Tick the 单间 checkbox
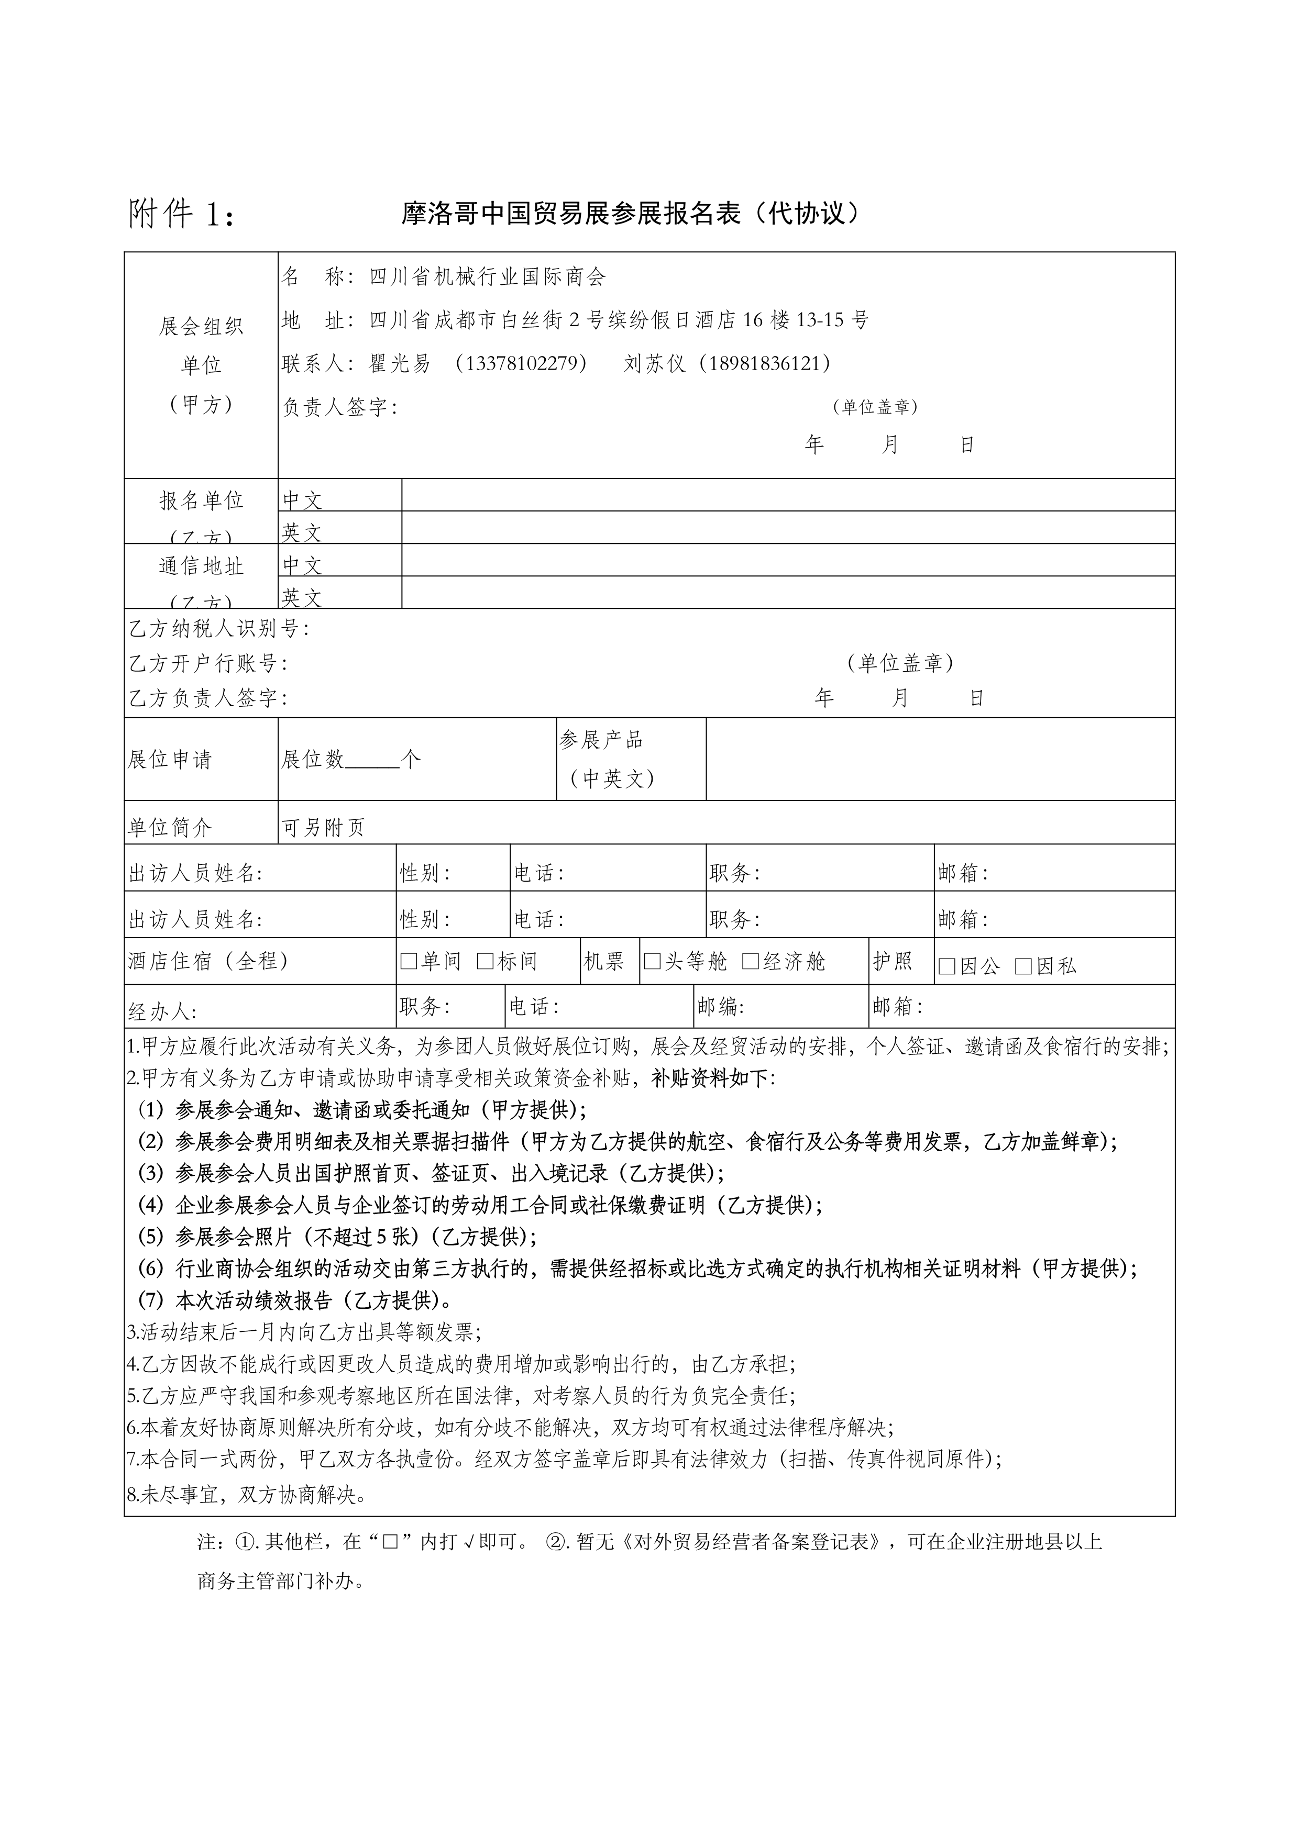[409, 961]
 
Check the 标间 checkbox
[485, 961]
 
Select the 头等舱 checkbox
[652, 961]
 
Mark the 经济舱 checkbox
[750, 961]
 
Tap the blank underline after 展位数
[372, 760]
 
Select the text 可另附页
[323, 828]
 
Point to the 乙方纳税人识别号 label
[217, 629]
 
